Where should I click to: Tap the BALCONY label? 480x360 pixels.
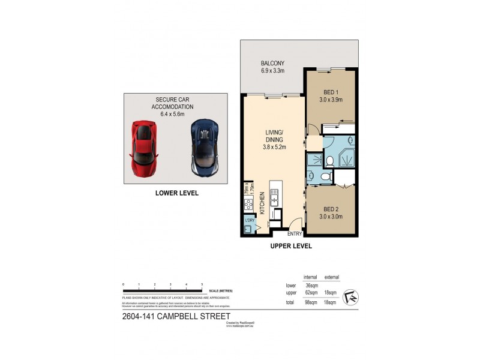272,64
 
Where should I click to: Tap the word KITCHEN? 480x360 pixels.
262,205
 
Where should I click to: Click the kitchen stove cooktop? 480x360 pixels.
248,205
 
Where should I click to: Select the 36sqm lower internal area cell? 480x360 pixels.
311,286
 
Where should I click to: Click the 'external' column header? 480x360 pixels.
331,277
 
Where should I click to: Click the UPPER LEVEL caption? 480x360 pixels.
291,246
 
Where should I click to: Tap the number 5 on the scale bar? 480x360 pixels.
202,283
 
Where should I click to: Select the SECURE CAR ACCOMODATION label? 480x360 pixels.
175,103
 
